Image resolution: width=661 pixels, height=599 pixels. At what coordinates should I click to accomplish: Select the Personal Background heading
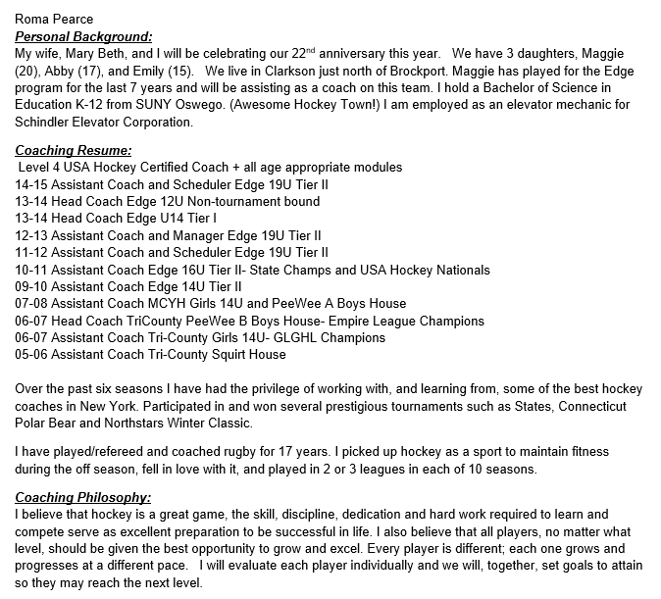click(84, 35)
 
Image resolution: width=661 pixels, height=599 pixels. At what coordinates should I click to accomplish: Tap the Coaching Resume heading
click(74, 151)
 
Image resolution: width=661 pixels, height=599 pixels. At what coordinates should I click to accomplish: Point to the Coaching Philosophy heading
click(82, 497)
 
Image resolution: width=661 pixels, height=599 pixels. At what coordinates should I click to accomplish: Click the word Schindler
click(51, 123)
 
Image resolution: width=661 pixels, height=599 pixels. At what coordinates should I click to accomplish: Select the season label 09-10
click(32, 286)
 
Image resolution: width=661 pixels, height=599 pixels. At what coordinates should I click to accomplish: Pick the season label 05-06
click(32, 354)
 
